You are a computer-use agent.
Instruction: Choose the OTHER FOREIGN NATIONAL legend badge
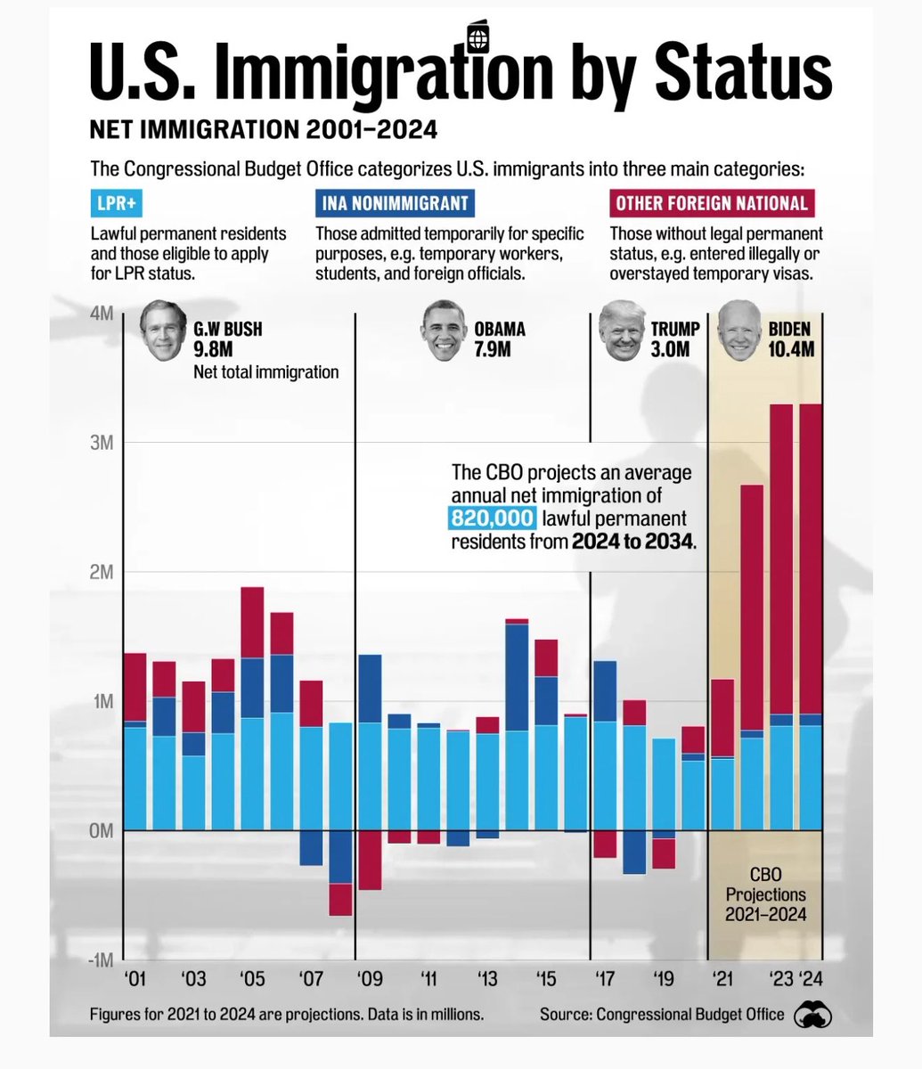[712, 203]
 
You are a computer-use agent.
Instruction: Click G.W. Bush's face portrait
[162, 331]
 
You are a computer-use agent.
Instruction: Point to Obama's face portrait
[445, 330]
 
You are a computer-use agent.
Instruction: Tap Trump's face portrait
[622, 330]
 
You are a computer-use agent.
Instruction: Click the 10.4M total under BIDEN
[791, 349]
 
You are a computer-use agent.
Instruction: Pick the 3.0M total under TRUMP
[670, 349]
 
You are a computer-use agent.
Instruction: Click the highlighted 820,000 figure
[493, 518]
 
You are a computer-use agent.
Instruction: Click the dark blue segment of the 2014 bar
[517, 677]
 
